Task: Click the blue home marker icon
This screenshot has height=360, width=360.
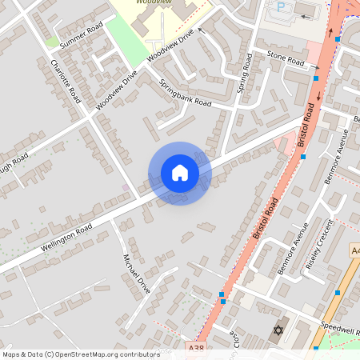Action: [180, 173]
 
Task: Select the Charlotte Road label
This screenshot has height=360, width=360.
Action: [66, 82]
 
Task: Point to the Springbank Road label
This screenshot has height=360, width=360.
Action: [185, 94]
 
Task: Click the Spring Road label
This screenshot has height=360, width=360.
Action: [244, 73]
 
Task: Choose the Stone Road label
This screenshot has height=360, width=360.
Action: [286, 60]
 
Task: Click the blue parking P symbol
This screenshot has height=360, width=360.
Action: [281, 6]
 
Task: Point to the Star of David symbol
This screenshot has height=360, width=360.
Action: [278, 330]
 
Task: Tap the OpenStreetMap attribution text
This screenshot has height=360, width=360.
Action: [80, 354]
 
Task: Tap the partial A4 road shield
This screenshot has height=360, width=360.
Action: [355, 251]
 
